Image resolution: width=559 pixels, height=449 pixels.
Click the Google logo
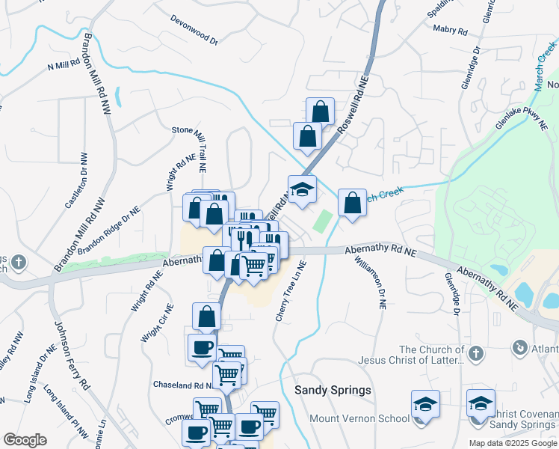pyautogui.click(x=25, y=440)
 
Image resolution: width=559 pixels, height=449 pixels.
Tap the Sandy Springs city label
pyautogui.click(x=333, y=391)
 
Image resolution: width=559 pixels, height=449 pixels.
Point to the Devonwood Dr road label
pyautogui.click(x=194, y=30)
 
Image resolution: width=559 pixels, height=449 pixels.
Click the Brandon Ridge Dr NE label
pyautogui.click(x=108, y=226)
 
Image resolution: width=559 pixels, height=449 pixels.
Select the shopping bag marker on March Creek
pyautogui.click(x=352, y=202)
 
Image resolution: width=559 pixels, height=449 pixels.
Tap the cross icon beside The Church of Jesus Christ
pyautogui.click(x=475, y=352)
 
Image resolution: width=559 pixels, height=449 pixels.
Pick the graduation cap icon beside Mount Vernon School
pyautogui.click(x=425, y=404)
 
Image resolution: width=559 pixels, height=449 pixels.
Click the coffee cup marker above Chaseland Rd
pyautogui.click(x=201, y=348)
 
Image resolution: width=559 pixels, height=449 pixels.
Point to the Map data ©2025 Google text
pyautogui.click(x=512, y=443)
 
